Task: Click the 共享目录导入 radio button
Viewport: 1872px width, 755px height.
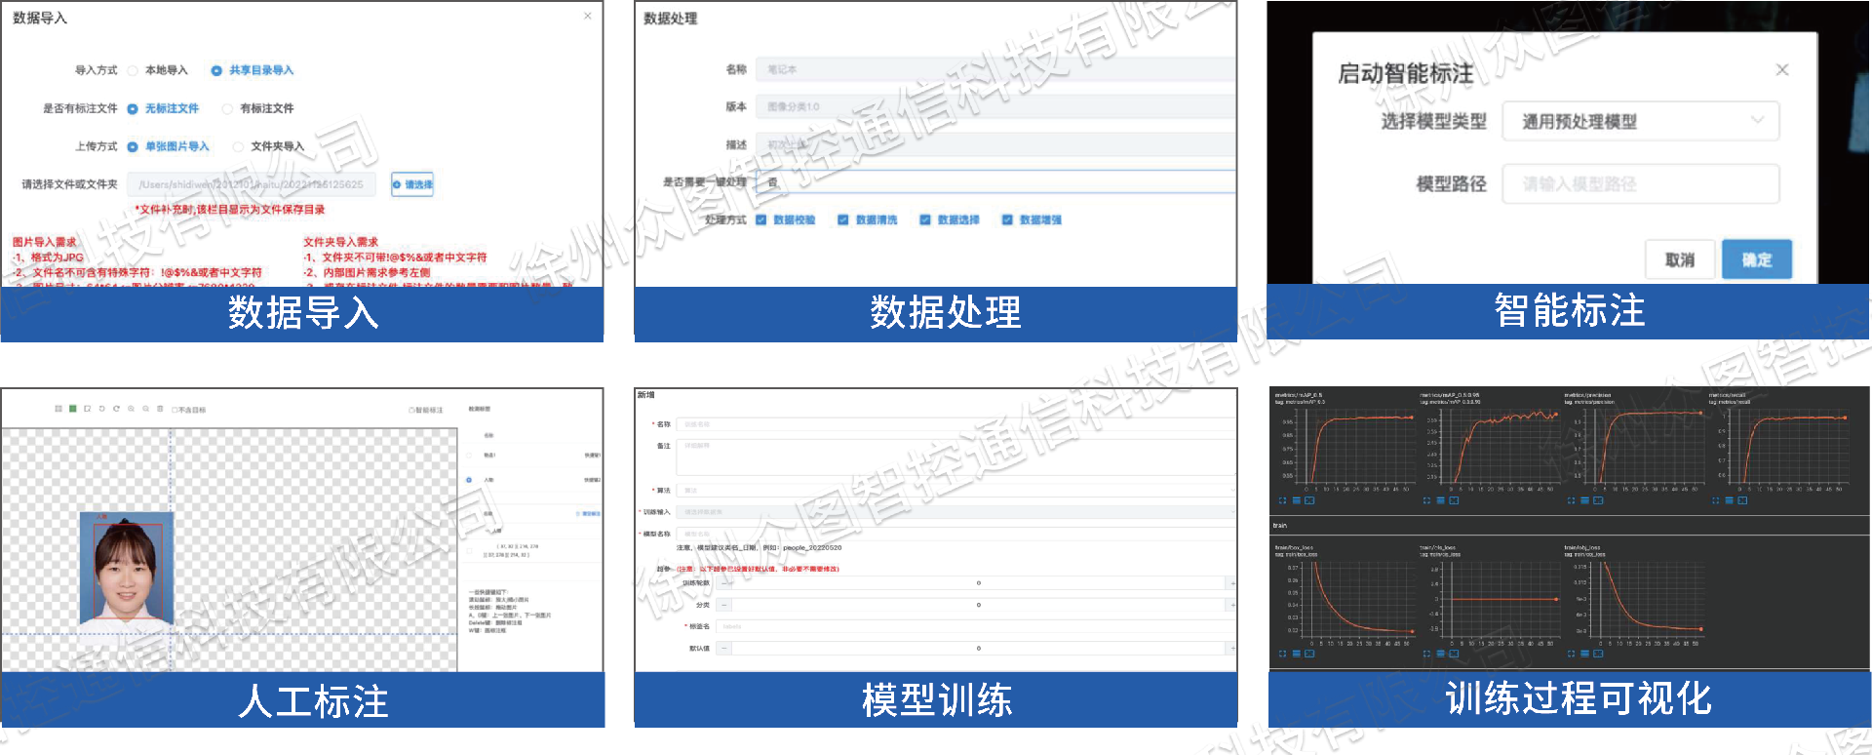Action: click(x=216, y=70)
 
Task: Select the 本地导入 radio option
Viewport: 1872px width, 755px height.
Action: click(x=133, y=70)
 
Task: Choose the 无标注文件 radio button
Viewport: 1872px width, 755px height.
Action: click(x=133, y=108)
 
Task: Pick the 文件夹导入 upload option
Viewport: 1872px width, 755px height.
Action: click(x=238, y=146)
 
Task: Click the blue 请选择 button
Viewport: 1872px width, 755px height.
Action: click(x=412, y=184)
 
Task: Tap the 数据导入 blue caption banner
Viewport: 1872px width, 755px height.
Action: click(x=302, y=313)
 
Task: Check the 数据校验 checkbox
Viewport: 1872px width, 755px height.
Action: click(x=761, y=219)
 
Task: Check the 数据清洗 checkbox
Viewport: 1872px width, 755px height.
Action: click(x=843, y=219)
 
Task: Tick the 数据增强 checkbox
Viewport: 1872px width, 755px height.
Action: click(x=1007, y=219)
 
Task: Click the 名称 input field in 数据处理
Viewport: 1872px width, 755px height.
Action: click(x=994, y=69)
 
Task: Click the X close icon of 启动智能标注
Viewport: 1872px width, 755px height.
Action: click(x=1782, y=70)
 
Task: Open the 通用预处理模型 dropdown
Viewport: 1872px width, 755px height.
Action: click(x=1640, y=121)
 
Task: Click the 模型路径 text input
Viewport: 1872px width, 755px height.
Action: click(x=1640, y=183)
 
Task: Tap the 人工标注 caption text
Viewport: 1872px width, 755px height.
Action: click(x=313, y=701)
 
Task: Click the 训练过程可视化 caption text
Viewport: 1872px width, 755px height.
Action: click(x=1578, y=698)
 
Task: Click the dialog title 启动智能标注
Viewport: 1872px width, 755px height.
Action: click(x=1405, y=73)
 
